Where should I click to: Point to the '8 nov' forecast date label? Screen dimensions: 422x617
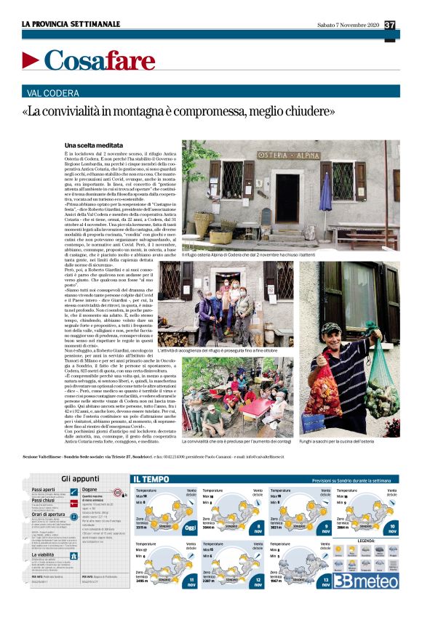click(258, 528)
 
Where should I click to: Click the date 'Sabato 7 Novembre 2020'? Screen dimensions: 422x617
click(349, 25)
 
